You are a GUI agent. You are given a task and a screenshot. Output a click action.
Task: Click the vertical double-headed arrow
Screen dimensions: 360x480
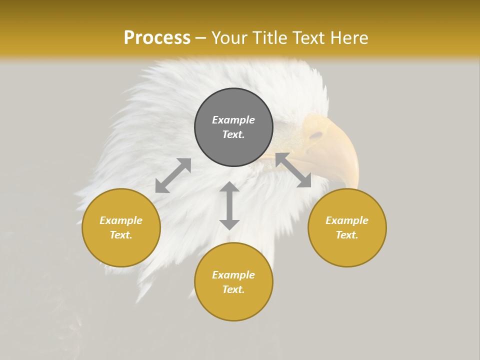(x=229, y=205)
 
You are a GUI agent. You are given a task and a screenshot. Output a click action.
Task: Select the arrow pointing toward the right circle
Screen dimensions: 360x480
(x=293, y=170)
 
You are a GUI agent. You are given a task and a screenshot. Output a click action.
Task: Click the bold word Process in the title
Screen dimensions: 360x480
(x=157, y=38)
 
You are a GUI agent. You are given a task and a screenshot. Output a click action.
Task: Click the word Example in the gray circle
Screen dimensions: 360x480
(x=233, y=120)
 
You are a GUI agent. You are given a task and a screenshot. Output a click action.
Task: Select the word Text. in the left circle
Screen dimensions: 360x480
(x=121, y=235)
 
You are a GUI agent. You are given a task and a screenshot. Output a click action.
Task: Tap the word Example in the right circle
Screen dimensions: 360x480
(x=347, y=220)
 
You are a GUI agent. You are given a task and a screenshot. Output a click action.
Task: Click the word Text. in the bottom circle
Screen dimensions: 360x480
(x=233, y=289)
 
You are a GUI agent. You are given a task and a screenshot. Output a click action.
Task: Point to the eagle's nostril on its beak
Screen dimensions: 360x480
(x=316, y=135)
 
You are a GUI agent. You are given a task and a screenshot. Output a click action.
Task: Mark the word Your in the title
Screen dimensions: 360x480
(x=229, y=38)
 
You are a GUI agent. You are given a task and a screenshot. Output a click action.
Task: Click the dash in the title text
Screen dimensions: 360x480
(x=201, y=38)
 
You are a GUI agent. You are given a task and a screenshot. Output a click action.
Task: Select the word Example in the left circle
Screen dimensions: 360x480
(x=121, y=220)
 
